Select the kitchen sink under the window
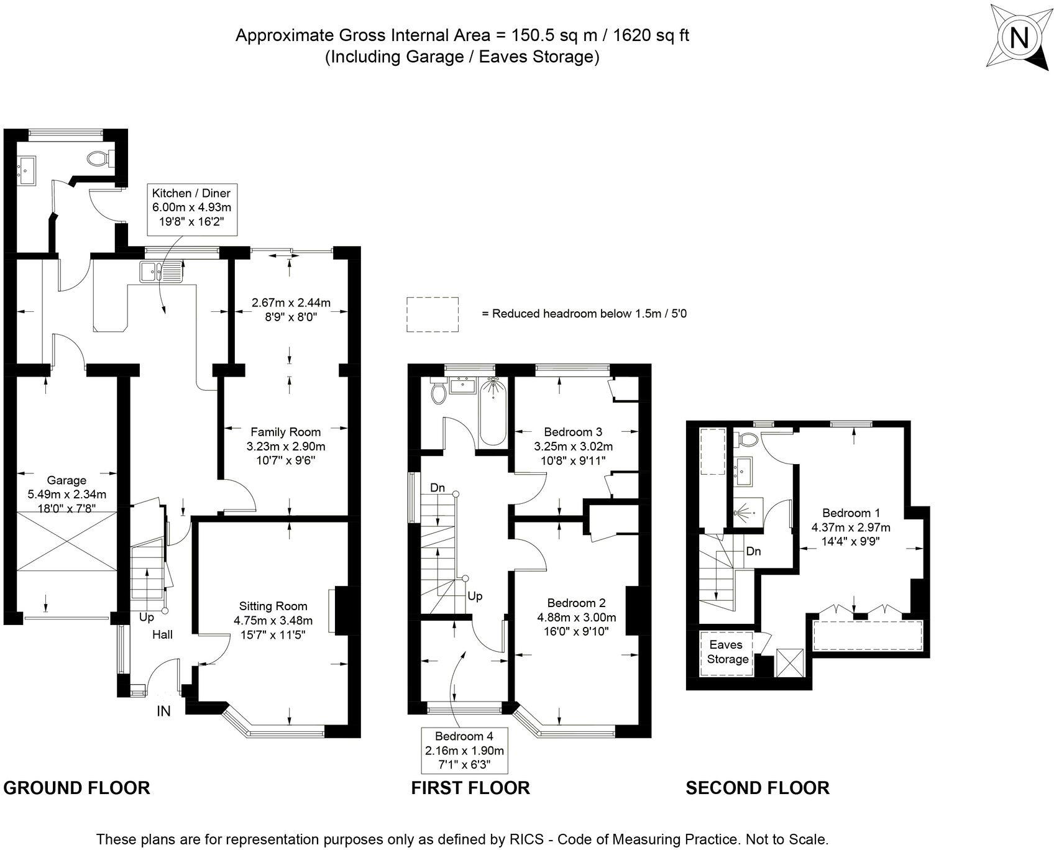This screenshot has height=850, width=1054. [160, 272]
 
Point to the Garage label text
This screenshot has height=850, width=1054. [66, 480]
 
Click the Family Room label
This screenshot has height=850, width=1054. [285, 432]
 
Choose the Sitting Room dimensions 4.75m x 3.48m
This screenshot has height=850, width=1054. [273, 620]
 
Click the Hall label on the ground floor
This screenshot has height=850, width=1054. [163, 634]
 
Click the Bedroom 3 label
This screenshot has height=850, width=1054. [573, 432]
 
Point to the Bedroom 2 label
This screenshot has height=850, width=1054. [576, 603]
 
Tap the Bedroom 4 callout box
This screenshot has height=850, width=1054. [464, 750]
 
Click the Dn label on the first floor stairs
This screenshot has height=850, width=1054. [438, 488]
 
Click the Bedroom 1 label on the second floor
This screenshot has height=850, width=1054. [851, 513]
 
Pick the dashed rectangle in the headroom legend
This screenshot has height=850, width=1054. [433, 314]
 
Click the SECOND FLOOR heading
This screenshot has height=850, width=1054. [757, 788]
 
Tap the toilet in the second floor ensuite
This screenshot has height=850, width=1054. [747, 440]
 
